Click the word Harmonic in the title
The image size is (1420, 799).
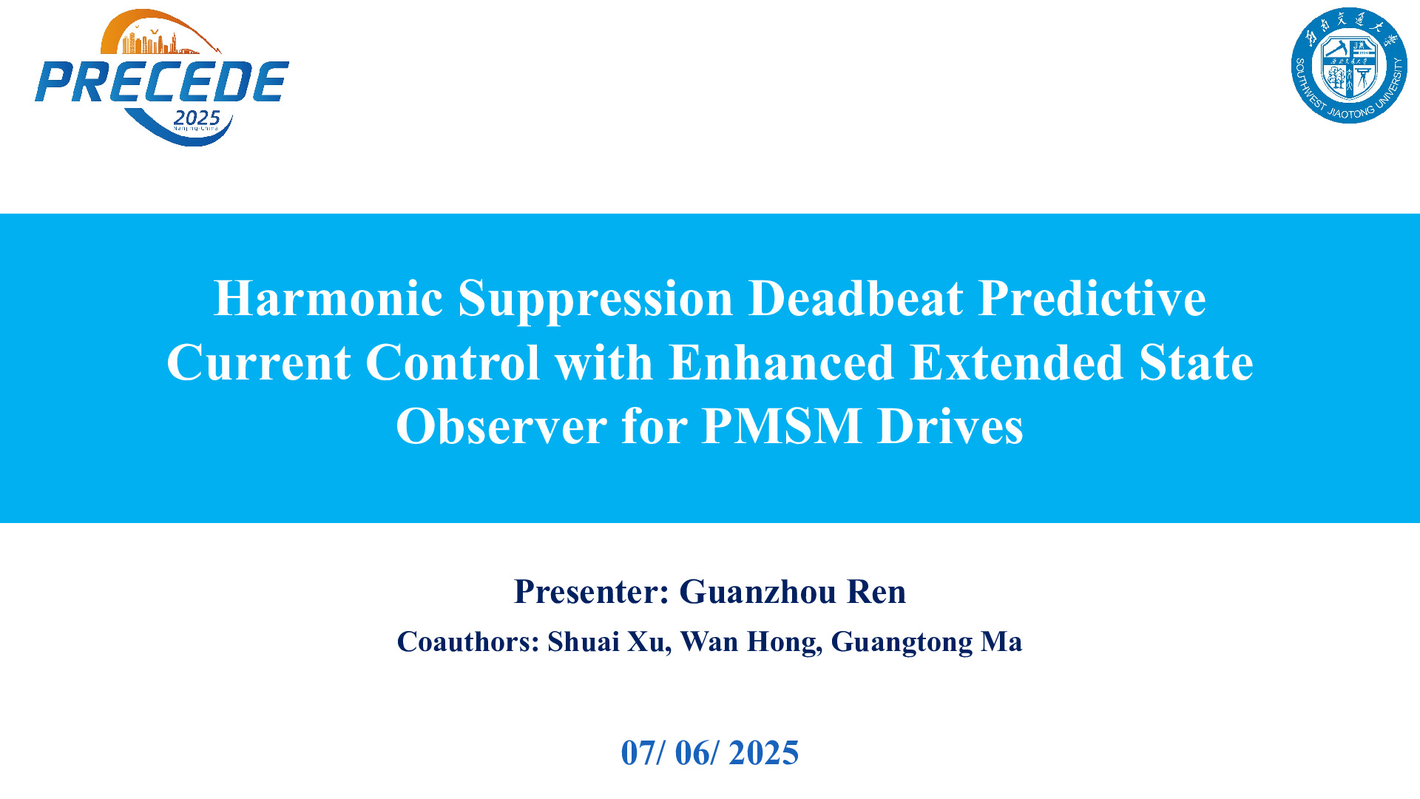(x=328, y=298)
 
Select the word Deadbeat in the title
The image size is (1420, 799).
(x=856, y=298)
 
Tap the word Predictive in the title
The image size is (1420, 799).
(x=1092, y=298)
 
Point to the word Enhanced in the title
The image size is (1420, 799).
(x=781, y=363)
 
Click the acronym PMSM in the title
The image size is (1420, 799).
(x=782, y=426)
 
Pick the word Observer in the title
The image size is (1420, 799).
(x=501, y=426)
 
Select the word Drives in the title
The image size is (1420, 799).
(x=950, y=426)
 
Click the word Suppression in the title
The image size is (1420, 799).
(x=595, y=300)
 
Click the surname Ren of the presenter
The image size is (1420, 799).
(x=876, y=592)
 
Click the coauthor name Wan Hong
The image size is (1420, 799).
(x=751, y=642)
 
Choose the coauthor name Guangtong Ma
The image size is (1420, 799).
(x=927, y=642)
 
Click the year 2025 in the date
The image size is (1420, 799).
(x=764, y=753)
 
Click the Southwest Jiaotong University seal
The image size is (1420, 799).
(x=1349, y=66)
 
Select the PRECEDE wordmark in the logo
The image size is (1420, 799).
(x=162, y=81)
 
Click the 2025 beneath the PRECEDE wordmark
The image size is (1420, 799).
(x=197, y=118)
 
